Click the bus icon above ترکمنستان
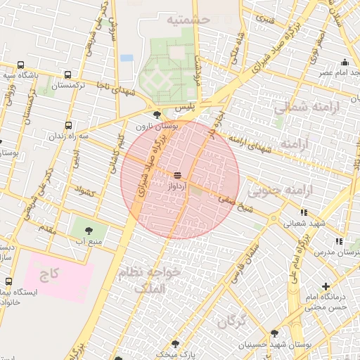pos(67,75)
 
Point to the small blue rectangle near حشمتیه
pos(127,58)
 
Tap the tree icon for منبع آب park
pos(89,230)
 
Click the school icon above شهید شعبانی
pos(304,212)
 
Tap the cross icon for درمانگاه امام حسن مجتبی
pos(326,286)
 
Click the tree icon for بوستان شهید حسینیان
pos(274,333)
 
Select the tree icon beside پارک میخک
pos(175,345)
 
